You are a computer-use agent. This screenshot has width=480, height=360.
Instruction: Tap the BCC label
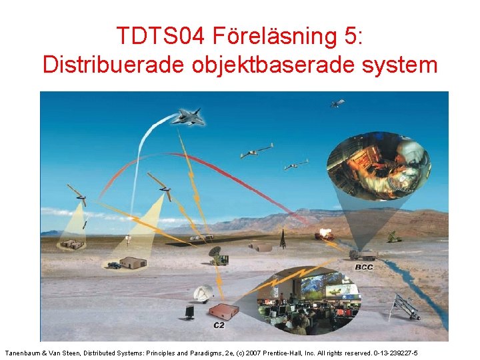tap(364, 267)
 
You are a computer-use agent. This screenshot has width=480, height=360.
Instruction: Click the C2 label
tap(219, 325)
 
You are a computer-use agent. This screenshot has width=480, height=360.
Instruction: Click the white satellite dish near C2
tap(203, 294)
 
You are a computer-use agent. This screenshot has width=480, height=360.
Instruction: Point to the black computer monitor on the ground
tap(189, 312)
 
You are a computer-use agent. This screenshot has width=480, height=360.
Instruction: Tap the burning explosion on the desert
tap(327, 233)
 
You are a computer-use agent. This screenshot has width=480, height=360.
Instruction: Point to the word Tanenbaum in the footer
tap(24, 351)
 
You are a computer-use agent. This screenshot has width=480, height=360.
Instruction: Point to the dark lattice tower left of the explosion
tap(283, 237)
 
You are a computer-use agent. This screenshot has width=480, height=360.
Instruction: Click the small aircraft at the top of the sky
tap(337, 103)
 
